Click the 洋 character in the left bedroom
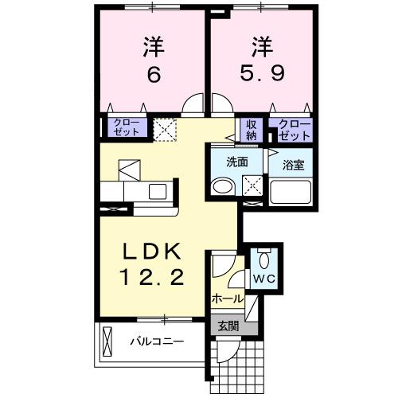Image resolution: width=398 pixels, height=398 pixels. pos(154,44)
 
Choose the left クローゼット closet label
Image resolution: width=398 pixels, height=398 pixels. pos(126,127)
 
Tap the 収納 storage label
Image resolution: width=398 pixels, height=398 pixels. pos(252,129)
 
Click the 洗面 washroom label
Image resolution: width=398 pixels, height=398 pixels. pos(236,161)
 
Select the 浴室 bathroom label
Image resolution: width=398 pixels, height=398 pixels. pos(291,166)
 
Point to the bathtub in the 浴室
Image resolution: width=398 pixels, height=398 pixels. pos(291,193)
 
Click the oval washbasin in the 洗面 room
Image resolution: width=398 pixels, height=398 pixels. pos(222,187)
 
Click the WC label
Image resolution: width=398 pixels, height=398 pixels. pos(263,279)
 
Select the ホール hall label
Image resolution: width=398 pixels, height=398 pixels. pos(227,298)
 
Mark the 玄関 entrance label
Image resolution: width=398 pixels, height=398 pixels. pos(228,325)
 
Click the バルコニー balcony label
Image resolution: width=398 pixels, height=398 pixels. pos(157,342)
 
